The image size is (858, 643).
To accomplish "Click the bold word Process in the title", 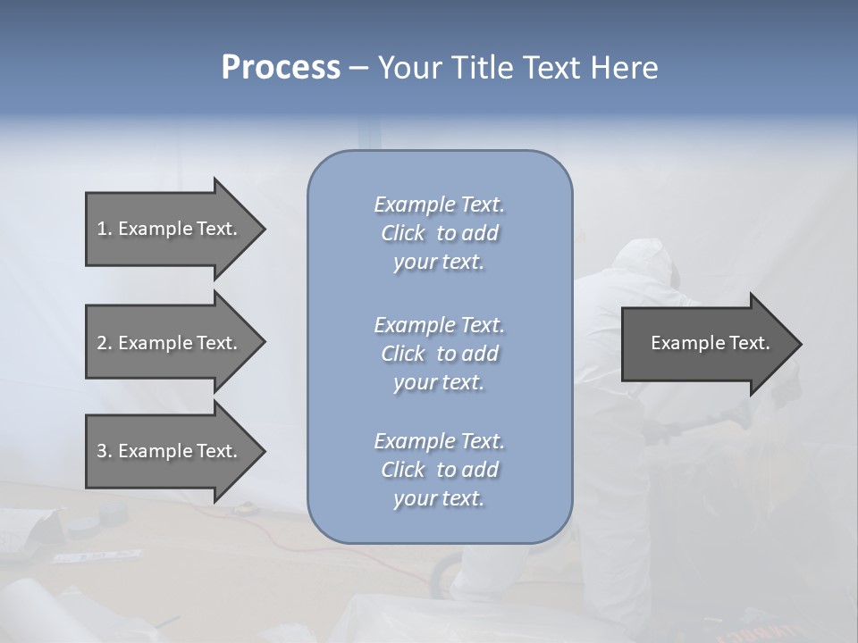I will [281, 68].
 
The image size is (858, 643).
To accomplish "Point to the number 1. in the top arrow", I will [104, 229].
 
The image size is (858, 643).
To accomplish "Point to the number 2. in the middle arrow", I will [104, 343].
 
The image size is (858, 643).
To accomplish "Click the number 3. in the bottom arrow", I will [104, 451].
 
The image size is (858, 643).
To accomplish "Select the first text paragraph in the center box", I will [439, 233].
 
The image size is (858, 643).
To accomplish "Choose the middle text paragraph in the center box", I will [439, 354].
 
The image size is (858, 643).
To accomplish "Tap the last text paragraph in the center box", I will [439, 470].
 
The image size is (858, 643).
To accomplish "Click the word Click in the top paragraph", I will [403, 233].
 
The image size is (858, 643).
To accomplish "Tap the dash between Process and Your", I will [358, 68].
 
